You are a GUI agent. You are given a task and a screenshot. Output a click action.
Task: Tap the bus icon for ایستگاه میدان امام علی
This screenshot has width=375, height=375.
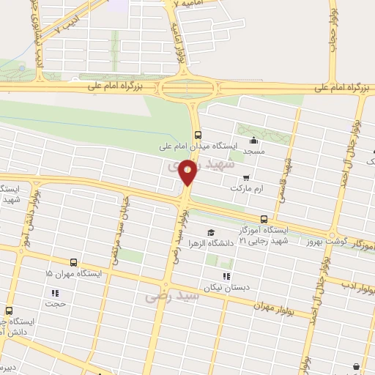click(x=198, y=134)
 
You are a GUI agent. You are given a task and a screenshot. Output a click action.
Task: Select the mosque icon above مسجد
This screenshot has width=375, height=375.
click(x=254, y=141)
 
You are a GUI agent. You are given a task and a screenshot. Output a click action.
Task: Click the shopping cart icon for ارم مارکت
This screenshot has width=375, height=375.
click(x=246, y=177)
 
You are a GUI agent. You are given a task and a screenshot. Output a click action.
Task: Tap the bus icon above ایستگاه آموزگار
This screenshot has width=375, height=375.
click(x=264, y=218)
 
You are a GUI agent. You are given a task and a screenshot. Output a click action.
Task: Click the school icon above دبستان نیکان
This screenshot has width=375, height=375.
click(x=226, y=276)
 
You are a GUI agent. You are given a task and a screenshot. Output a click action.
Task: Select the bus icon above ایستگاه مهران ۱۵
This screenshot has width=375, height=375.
click(x=73, y=261)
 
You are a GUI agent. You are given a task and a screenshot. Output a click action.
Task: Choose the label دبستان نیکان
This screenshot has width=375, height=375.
click(x=226, y=287)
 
